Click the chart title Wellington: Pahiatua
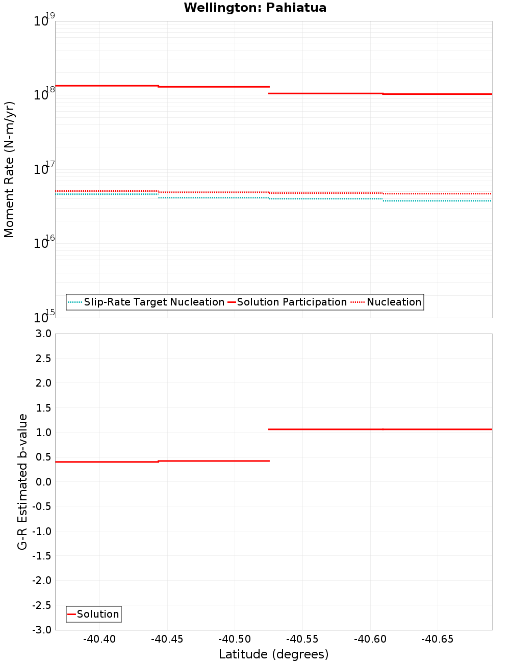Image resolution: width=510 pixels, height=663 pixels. click(x=255, y=8)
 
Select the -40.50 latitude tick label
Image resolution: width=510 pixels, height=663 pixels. click(x=235, y=639)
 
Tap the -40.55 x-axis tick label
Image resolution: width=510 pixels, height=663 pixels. click(x=302, y=639)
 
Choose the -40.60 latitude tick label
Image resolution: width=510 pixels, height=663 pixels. click(x=370, y=639)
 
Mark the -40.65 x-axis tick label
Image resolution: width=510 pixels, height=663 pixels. click(x=438, y=639)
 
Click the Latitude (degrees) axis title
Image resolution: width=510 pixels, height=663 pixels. click(x=273, y=654)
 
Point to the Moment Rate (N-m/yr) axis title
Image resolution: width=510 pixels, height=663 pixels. click(x=9, y=169)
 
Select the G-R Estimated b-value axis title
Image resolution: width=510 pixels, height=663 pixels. click(x=22, y=481)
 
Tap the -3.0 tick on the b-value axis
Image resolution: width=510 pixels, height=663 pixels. click(x=42, y=630)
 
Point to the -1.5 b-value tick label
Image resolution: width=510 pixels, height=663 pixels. click(x=42, y=556)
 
